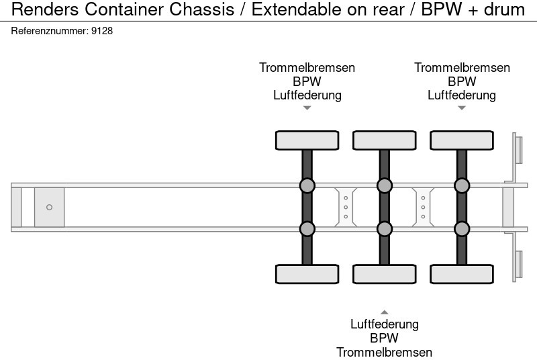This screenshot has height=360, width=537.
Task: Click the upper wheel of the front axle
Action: [x=307, y=140]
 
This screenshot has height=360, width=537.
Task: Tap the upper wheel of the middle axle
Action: [x=384, y=140]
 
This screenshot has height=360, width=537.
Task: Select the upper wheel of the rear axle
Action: [x=461, y=140]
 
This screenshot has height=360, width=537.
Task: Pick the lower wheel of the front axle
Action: [x=307, y=274]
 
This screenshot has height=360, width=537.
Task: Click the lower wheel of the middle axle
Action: [x=384, y=274]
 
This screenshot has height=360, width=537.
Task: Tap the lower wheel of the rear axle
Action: [x=461, y=274]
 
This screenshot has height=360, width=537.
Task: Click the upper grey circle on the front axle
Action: [x=307, y=185]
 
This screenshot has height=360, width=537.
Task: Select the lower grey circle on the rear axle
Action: [x=461, y=229]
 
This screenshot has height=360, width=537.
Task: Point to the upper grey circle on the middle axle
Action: [x=384, y=185]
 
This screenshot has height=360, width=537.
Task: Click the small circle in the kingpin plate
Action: [x=49, y=208]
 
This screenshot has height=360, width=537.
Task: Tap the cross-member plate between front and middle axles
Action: [x=345, y=207]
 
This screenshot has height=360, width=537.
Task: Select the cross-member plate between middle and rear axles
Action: [x=423, y=207]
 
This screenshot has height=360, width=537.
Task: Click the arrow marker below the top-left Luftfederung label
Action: [x=307, y=107]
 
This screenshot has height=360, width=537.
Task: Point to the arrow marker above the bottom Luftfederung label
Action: [x=384, y=312]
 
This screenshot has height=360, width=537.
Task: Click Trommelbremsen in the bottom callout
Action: [x=384, y=352]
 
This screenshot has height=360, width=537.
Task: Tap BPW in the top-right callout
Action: [x=462, y=81]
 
